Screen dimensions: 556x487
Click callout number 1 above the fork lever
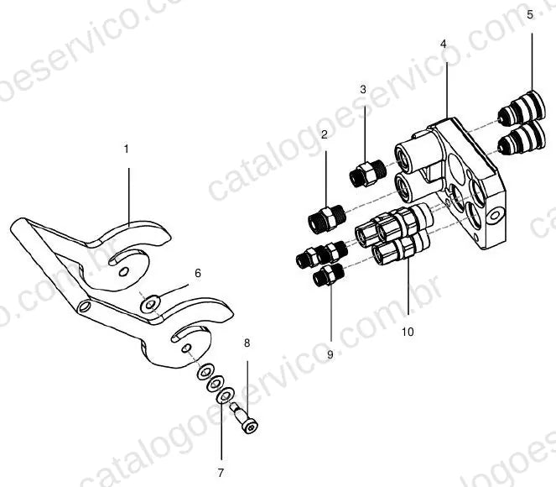point(127,149)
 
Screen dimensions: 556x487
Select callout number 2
point(325,135)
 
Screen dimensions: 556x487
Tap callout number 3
point(363,90)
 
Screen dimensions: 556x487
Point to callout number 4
point(444,44)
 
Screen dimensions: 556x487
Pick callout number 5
point(530,15)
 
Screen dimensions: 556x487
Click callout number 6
point(198,273)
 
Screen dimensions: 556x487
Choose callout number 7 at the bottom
point(221,473)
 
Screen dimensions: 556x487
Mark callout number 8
point(247,343)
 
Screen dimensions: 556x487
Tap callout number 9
point(330,354)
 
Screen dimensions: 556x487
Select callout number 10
point(408,332)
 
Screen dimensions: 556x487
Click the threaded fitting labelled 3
point(367,173)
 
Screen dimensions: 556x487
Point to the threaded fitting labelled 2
point(326,218)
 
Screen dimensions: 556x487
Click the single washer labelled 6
point(150,304)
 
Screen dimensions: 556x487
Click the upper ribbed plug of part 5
point(522,106)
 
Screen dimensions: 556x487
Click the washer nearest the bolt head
point(225,395)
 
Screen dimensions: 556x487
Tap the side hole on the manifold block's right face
point(495,216)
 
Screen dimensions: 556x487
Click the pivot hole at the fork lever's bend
point(84,306)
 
